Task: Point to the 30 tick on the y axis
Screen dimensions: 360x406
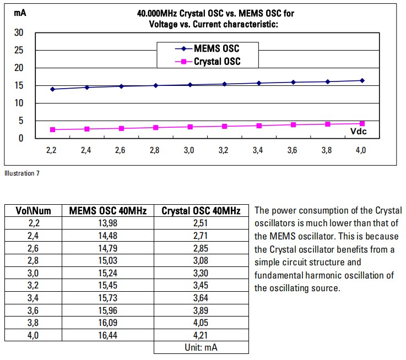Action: [x=19, y=32]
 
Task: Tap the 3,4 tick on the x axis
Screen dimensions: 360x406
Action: [x=257, y=150]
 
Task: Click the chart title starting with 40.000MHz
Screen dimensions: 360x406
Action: [x=215, y=18]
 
